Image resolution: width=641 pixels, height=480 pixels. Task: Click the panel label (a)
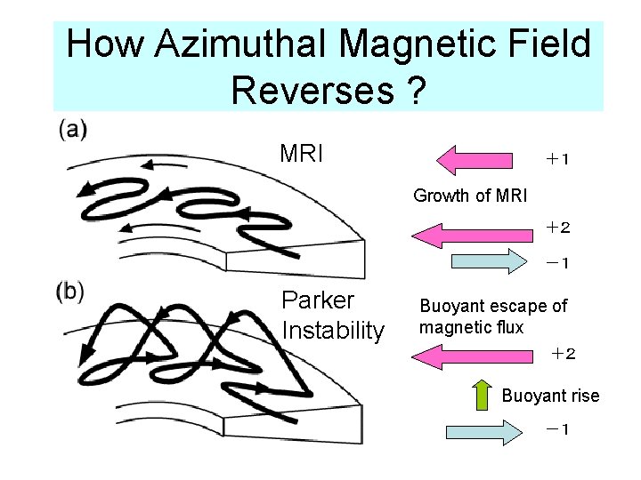pos(73,130)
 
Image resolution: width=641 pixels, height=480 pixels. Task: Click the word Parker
pos(317,300)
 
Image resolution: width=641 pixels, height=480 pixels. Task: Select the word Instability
pos(333,331)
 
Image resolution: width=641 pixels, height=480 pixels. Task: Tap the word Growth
pos(442,195)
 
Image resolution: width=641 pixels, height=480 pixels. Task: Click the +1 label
pos(558,159)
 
